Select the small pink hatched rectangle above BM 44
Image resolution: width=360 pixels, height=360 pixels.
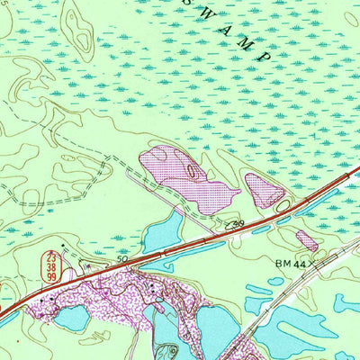(x=307, y=240)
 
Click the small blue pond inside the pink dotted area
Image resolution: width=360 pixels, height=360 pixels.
(x=72, y=317)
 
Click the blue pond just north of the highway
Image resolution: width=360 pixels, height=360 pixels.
(x=162, y=232)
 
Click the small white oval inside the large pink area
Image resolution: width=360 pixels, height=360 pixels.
(x=191, y=169)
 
